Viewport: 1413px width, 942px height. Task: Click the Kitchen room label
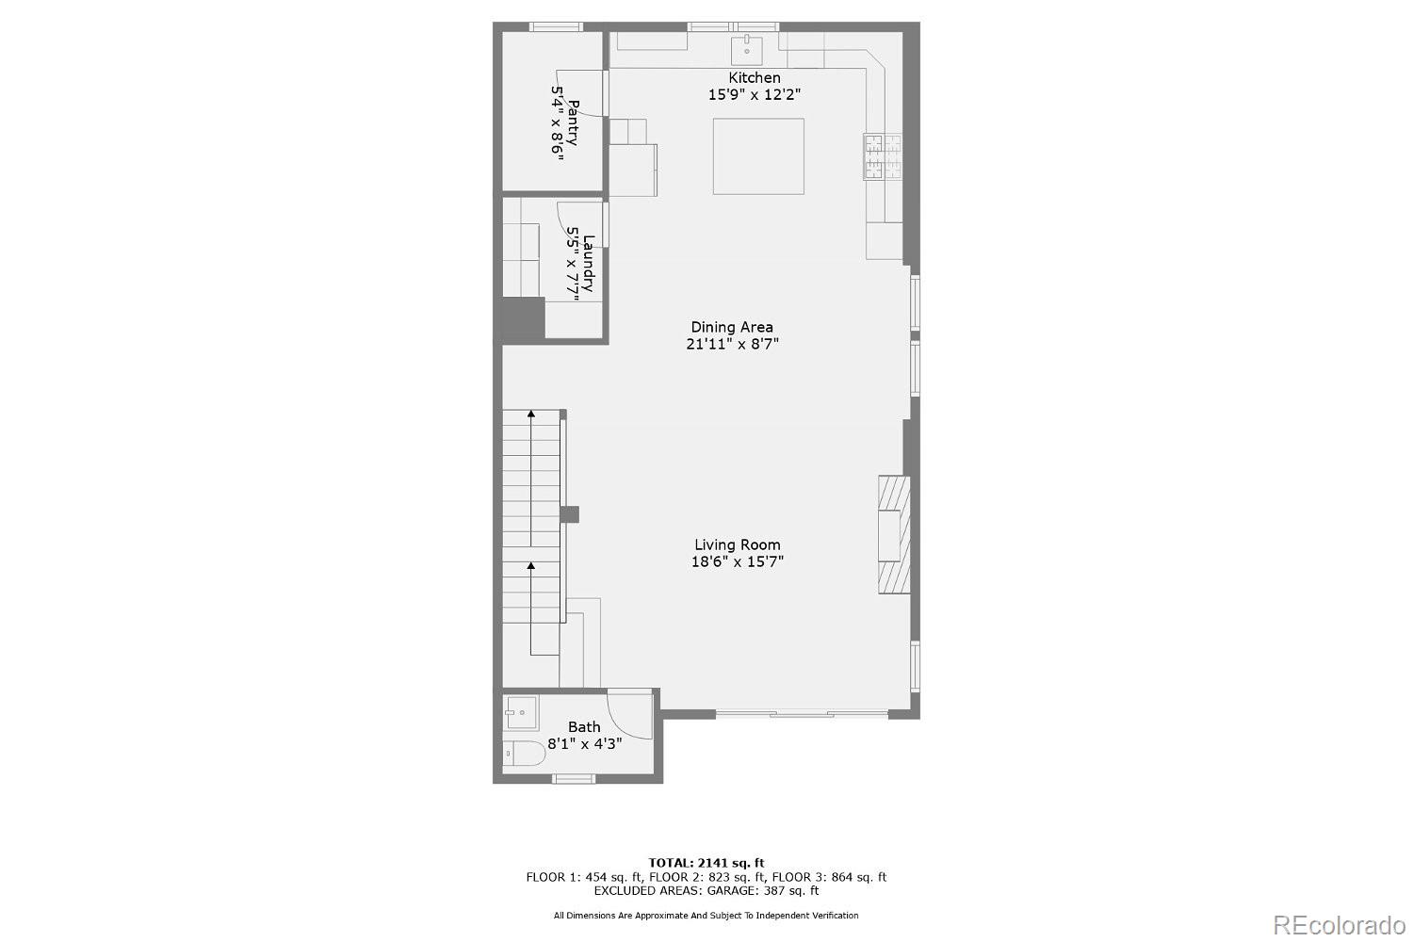[755, 77]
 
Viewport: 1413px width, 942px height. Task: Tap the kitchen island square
[758, 156]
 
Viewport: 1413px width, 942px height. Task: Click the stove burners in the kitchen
[883, 156]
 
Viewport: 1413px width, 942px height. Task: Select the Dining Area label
[732, 327]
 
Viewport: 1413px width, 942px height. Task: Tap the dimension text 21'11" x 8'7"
[732, 345]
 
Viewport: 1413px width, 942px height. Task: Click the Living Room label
[738, 544]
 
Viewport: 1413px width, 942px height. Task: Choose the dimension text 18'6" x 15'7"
[738, 562]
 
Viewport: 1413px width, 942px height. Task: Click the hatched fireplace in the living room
[894, 534]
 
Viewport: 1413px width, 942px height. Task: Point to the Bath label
[584, 726]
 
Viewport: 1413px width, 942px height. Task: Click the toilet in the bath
[523, 754]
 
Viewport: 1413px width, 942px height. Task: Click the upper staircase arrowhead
[531, 414]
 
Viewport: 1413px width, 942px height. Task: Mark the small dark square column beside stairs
[569, 514]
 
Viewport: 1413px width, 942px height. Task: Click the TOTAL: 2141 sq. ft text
[706, 862]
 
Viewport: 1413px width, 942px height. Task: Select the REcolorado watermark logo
[1338, 925]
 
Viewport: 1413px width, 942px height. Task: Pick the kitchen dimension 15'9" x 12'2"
[755, 94]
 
